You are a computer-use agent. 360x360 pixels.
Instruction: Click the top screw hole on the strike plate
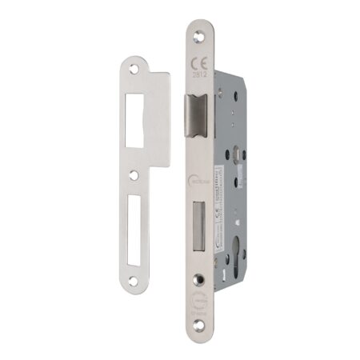click(x=134, y=70)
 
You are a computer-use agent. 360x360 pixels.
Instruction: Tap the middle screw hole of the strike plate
click(x=135, y=174)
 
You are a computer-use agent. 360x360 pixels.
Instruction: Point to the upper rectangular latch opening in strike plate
click(x=134, y=121)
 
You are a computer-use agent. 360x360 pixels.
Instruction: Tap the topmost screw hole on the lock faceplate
click(x=198, y=34)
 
